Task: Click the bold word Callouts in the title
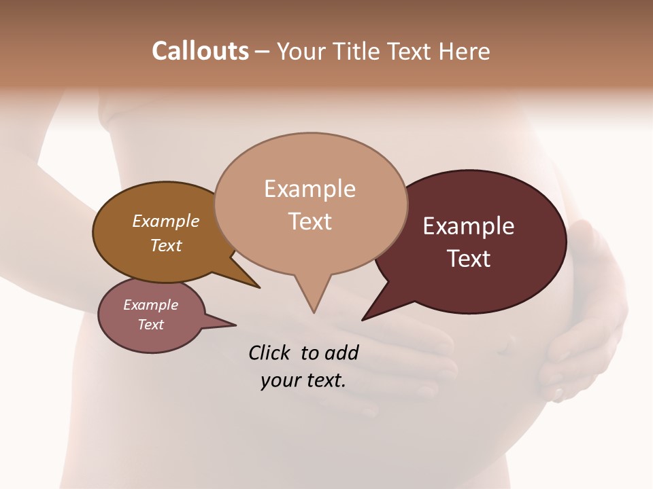200,51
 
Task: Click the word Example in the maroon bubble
468,226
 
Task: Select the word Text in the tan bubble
310,221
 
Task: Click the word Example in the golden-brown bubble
166,221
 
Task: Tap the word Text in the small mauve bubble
150,325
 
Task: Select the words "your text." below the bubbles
303,380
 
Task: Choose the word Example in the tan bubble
309,189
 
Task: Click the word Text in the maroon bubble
469,259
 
